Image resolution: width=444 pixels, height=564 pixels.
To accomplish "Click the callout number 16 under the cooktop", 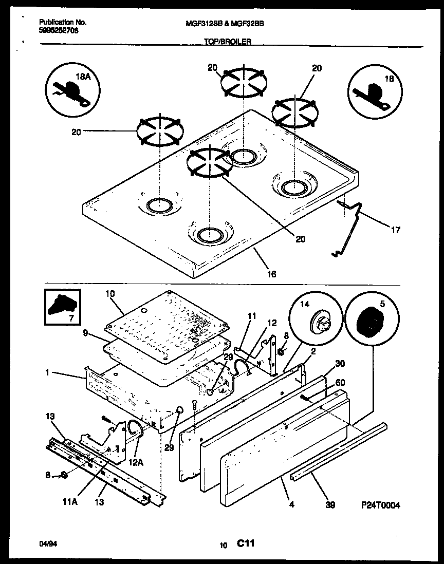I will pos(271,274).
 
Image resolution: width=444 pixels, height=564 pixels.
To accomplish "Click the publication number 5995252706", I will pos(59,31).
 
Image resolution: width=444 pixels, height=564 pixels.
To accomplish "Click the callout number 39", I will pos(330,505).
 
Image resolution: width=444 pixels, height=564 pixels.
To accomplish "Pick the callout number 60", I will pos(340,383).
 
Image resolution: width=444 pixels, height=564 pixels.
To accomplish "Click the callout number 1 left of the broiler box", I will pos(47,372).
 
